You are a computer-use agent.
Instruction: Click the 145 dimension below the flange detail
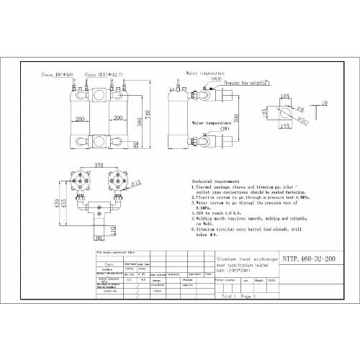click(x=284, y=127)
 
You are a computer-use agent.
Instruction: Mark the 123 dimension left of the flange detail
click(x=266, y=112)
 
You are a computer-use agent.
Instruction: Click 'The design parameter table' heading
click(x=117, y=253)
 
